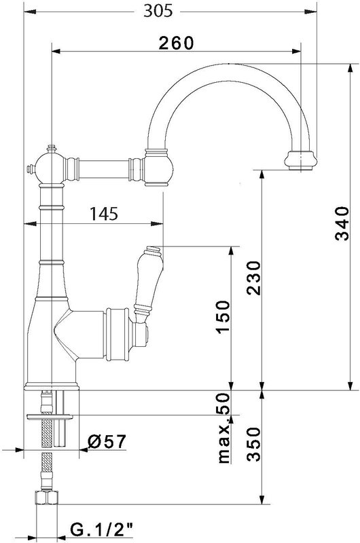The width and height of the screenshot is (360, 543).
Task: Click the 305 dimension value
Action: (158, 11)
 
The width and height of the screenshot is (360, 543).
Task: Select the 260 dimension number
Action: (176, 43)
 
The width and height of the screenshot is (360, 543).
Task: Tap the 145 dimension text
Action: (104, 214)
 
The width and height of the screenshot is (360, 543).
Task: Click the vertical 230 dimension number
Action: (253, 278)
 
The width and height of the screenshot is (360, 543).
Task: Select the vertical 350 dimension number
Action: (253, 445)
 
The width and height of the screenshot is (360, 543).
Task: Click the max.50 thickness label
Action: (223, 428)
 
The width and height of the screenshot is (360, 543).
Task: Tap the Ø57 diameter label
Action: (107, 441)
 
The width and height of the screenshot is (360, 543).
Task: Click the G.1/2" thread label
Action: (102, 529)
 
